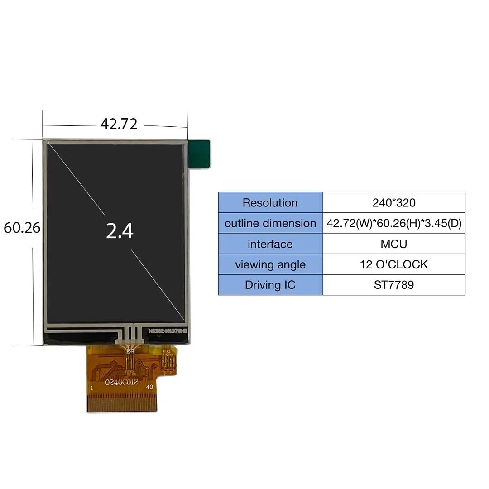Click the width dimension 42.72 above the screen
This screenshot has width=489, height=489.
119,124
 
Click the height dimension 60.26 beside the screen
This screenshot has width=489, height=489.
22,228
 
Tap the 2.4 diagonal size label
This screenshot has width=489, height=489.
120,231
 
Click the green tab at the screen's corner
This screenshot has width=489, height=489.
199,154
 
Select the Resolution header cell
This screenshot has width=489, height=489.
270,202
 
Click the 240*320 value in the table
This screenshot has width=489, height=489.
393,202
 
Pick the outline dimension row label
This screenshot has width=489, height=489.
270,223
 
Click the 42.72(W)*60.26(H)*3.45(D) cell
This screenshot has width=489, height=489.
393,223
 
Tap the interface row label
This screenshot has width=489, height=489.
270,244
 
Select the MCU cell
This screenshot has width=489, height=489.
393,244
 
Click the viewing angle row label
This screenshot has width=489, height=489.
270,264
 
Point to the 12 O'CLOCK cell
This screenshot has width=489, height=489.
393,264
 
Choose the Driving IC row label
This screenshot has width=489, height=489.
270,285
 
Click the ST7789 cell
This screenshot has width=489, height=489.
393,285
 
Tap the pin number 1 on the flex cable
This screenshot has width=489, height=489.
92,388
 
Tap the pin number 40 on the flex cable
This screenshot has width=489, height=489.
149,388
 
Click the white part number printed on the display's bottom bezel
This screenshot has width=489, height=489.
168,331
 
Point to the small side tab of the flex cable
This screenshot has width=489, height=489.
168,360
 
